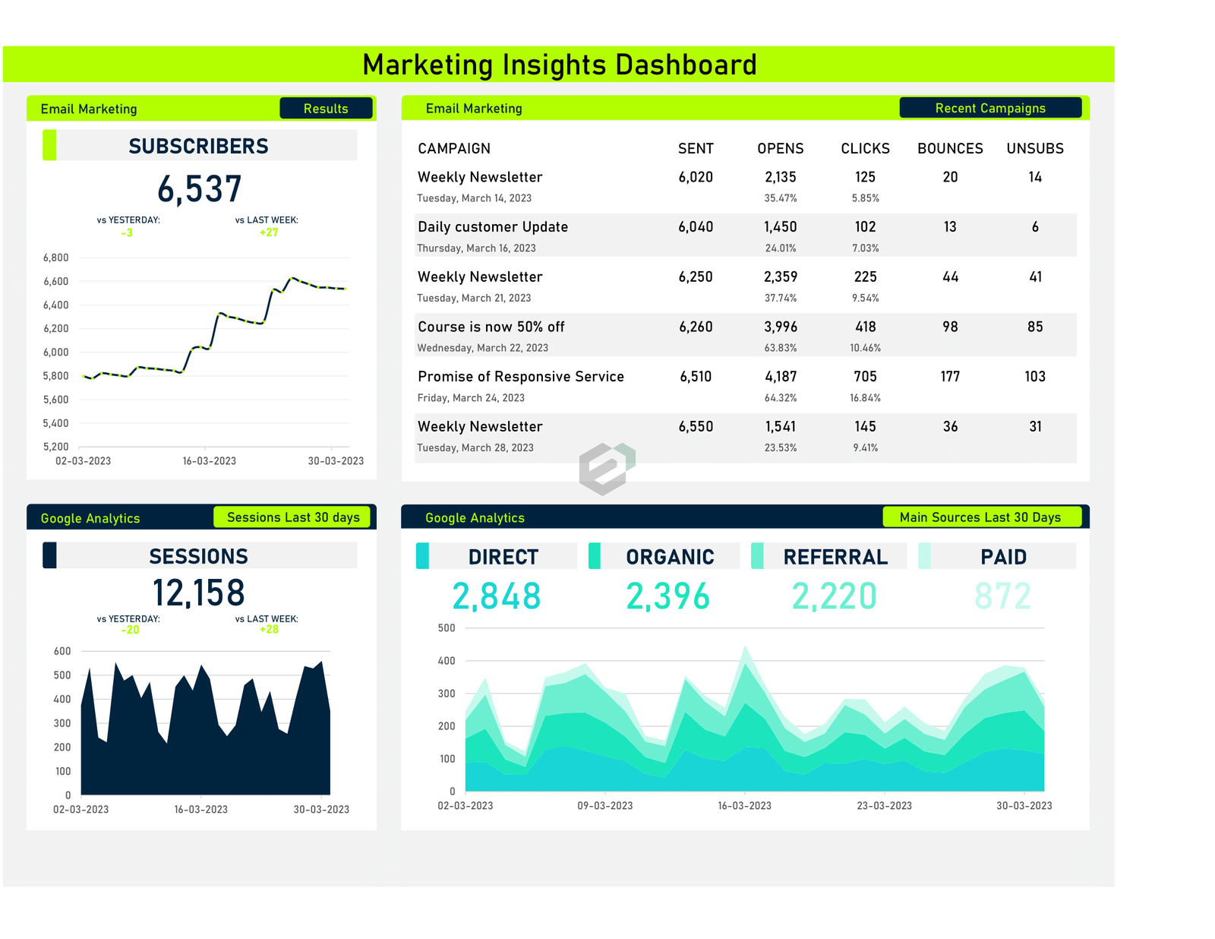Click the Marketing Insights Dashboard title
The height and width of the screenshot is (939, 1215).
[559, 65]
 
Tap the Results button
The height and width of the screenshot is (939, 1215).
[326, 109]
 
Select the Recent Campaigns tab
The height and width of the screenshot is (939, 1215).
[990, 108]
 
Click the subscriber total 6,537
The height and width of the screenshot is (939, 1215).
[199, 189]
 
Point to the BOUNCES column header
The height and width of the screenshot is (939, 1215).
[950, 148]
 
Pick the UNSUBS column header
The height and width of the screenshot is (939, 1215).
[1035, 148]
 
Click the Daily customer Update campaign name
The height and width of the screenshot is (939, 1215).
[493, 226]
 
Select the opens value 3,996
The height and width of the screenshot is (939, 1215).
[781, 327]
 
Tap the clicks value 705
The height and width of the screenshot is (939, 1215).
[865, 376]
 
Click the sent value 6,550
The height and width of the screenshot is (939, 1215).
[696, 426]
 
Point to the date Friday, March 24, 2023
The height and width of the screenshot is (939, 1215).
[471, 398]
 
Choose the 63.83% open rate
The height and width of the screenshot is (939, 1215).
[781, 348]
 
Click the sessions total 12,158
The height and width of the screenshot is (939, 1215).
[199, 593]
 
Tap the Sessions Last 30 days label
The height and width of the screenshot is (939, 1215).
[293, 517]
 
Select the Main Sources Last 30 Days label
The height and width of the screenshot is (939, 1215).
[980, 517]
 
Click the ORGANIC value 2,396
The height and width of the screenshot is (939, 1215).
[667, 596]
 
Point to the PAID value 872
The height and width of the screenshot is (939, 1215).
[1002, 596]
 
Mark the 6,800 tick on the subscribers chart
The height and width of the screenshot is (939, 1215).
[56, 258]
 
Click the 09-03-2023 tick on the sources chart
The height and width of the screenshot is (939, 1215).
[604, 805]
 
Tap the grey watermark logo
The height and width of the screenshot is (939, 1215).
[606, 468]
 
